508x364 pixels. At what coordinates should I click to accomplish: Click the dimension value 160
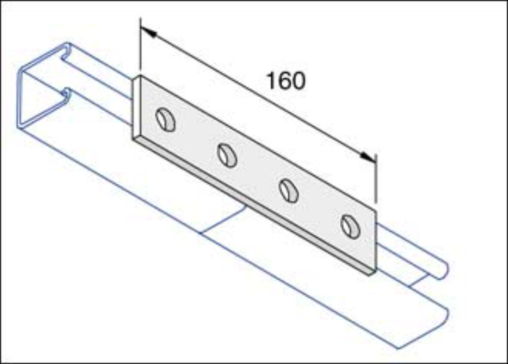[286, 81]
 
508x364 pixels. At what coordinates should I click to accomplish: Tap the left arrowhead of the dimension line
[149, 32]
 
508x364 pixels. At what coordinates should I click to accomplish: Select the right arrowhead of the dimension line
[368, 157]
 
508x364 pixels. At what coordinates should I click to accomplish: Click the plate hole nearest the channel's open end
[166, 120]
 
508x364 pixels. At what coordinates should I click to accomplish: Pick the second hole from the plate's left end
[227, 156]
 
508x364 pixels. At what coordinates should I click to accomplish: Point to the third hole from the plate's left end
[289, 191]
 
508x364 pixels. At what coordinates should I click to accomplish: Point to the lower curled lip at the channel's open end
[66, 96]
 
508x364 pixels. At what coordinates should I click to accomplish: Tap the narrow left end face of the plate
[136, 108]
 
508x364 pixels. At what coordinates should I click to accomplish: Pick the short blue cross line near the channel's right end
[420, 280]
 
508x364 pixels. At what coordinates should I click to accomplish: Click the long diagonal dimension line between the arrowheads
[258, 95]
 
